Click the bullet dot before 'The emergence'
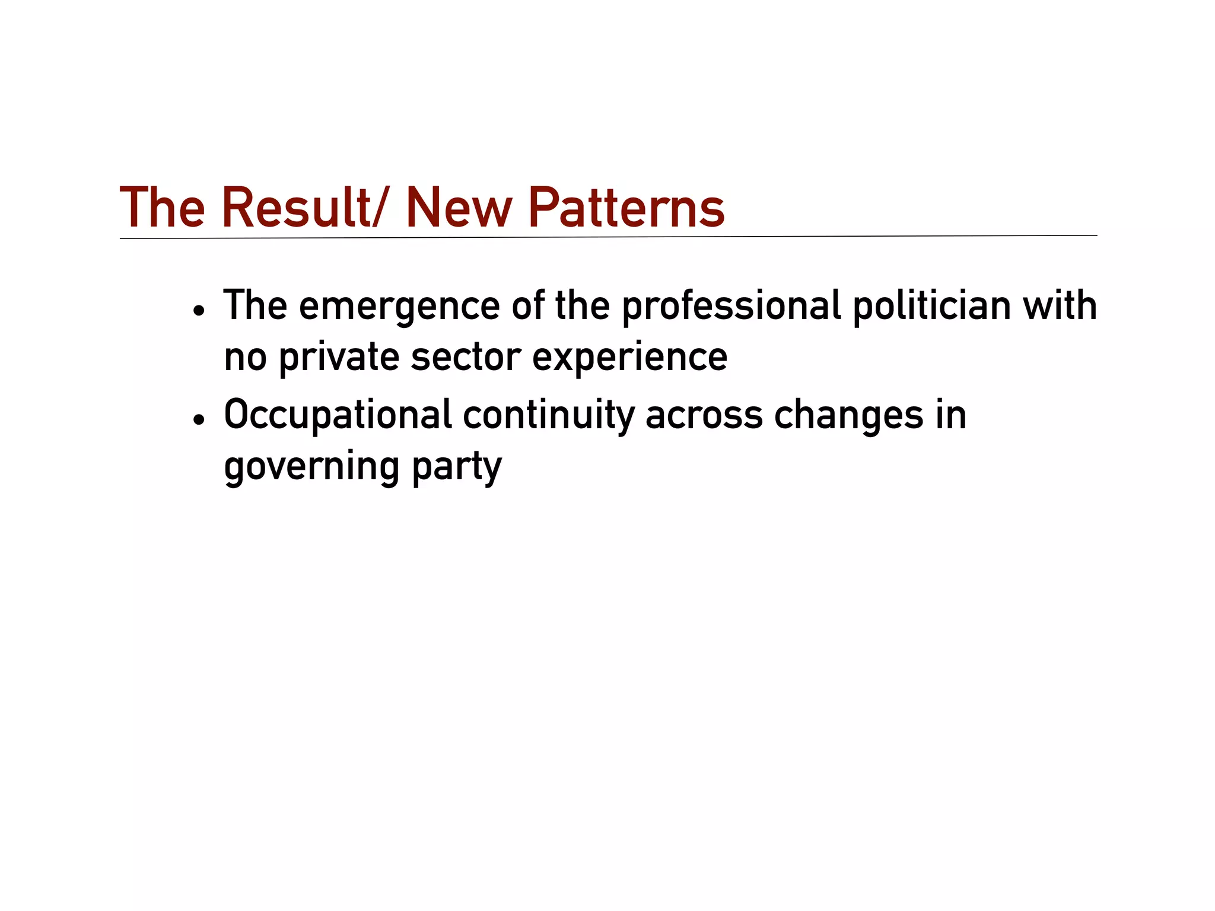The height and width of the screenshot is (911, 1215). (199, 311)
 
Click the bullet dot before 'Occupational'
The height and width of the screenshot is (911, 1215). (199, 420)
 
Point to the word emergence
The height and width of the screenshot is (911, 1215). (399, 306)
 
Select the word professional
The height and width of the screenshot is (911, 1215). (731, 306)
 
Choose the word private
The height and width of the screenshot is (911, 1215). (339, 357)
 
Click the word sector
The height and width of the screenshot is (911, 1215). (466, 357)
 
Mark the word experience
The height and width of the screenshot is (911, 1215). (629, 357)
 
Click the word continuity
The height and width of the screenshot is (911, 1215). (549, 415)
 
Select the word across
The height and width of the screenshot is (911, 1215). (704, 415)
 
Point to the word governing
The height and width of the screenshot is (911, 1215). (311, 467)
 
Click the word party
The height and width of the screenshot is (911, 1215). (456, 467)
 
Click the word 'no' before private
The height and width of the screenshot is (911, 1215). (245, 357)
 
